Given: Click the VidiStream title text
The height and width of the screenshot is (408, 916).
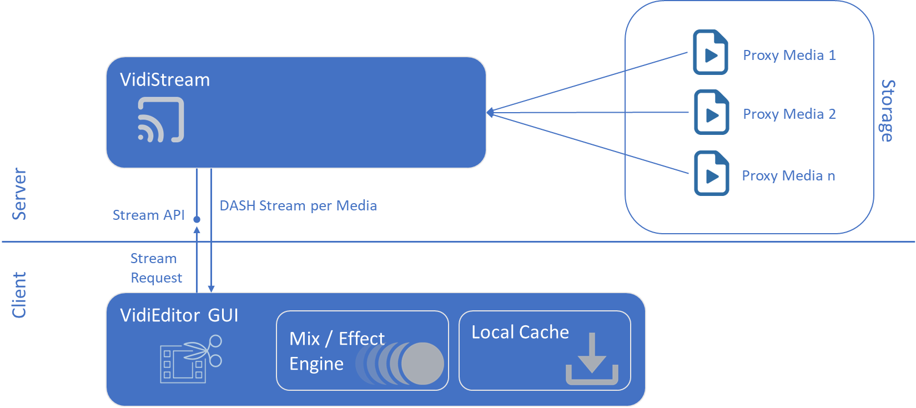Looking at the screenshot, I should [165, 80].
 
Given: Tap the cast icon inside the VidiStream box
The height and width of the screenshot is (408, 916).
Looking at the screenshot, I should [160, 120].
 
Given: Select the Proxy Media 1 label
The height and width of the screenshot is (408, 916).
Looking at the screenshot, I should [789, 56].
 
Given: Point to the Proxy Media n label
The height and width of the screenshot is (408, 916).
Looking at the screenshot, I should [788, 176].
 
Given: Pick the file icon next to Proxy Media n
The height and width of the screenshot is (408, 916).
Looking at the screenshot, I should [711, 173].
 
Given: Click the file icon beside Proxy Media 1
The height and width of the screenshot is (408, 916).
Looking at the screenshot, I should [711, 52].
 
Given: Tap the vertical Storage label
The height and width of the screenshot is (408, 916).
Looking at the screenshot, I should [887, 111].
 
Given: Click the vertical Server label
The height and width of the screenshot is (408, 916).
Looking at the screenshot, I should [19, 194].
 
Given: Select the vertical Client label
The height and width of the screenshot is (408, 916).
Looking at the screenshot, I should [19, 295].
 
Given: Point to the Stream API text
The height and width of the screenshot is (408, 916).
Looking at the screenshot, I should [148, 215].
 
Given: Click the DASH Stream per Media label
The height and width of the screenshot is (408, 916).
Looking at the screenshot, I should [298, 206].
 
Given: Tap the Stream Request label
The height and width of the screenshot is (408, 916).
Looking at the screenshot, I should [155, 268].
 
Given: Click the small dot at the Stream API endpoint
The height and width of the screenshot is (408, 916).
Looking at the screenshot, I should [197, 220].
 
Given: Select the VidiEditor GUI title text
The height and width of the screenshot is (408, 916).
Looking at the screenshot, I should [179, 316].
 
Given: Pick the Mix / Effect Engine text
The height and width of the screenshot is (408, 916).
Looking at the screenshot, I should [336, 351].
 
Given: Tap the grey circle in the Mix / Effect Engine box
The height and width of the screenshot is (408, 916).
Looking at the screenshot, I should [422, 364].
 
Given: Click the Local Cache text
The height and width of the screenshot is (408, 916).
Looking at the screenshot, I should [520, 333].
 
